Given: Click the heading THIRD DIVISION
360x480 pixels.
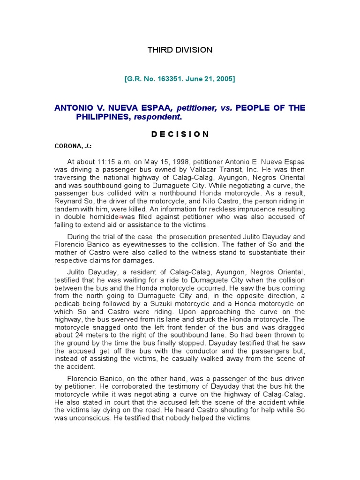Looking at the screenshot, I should click(x=180, y=50).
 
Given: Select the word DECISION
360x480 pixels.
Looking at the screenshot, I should click(x=180, y=134).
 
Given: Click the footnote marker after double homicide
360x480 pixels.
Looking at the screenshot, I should click(x=120, y=217).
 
